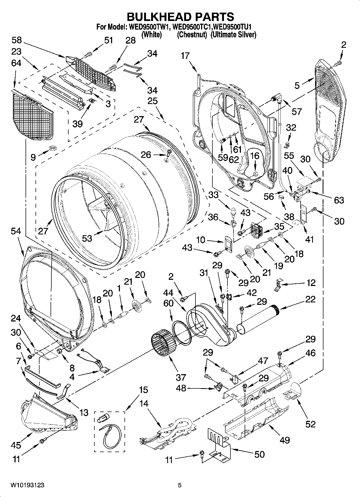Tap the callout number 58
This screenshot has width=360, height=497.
coord(17,40)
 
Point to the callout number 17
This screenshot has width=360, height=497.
coord(185,56)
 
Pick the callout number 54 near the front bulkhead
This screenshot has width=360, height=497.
coord(16,231)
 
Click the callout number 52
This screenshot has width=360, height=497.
coord(310,424)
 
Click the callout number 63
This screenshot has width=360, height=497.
coord(339,200)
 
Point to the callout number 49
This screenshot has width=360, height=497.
coord(285,440)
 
